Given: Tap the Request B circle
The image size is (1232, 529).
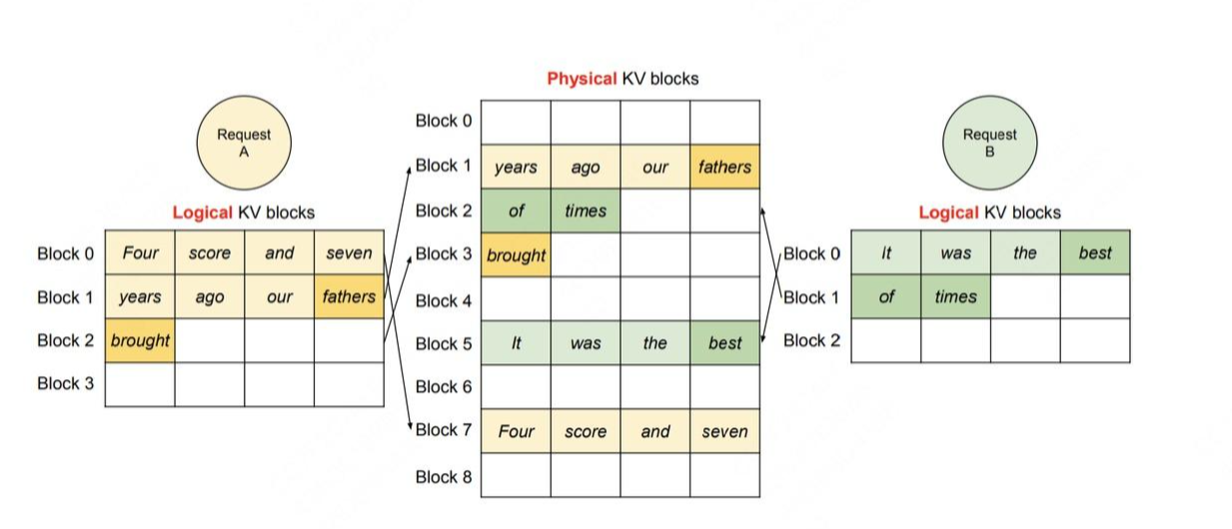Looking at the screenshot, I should point(989,143).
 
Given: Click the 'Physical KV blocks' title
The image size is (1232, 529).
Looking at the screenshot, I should point(622,79).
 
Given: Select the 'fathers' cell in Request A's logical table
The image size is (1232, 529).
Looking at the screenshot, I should point(349,296).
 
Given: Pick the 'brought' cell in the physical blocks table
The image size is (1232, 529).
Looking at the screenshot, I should point(516,255).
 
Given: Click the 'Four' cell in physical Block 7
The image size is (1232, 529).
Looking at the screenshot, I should point(516,432).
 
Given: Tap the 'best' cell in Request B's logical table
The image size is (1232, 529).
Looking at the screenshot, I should point(1095,253).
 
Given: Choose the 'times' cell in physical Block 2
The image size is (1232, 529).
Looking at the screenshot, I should point(586,211).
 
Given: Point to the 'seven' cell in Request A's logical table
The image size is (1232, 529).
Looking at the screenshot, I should point(349,254).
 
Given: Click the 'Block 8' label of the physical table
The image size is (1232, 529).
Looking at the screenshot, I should point(444,476).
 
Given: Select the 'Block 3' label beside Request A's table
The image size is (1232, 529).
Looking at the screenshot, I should point(65,383).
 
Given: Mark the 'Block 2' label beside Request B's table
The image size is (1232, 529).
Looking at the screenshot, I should point(811,340).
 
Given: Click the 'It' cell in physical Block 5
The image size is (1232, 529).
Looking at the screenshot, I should point(516,343).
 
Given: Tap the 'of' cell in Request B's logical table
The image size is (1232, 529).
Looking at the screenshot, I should point(886,296).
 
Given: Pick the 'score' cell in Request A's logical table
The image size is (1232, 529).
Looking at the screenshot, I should point(210,254).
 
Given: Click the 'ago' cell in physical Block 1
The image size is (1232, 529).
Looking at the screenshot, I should point(586,167).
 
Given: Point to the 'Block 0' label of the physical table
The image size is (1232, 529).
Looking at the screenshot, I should point(444,121).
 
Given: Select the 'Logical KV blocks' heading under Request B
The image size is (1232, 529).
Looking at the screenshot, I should point(989,213).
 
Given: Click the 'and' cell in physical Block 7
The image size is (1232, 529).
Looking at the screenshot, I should point(655,432).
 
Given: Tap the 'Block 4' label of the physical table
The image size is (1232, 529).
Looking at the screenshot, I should point(444,299).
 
